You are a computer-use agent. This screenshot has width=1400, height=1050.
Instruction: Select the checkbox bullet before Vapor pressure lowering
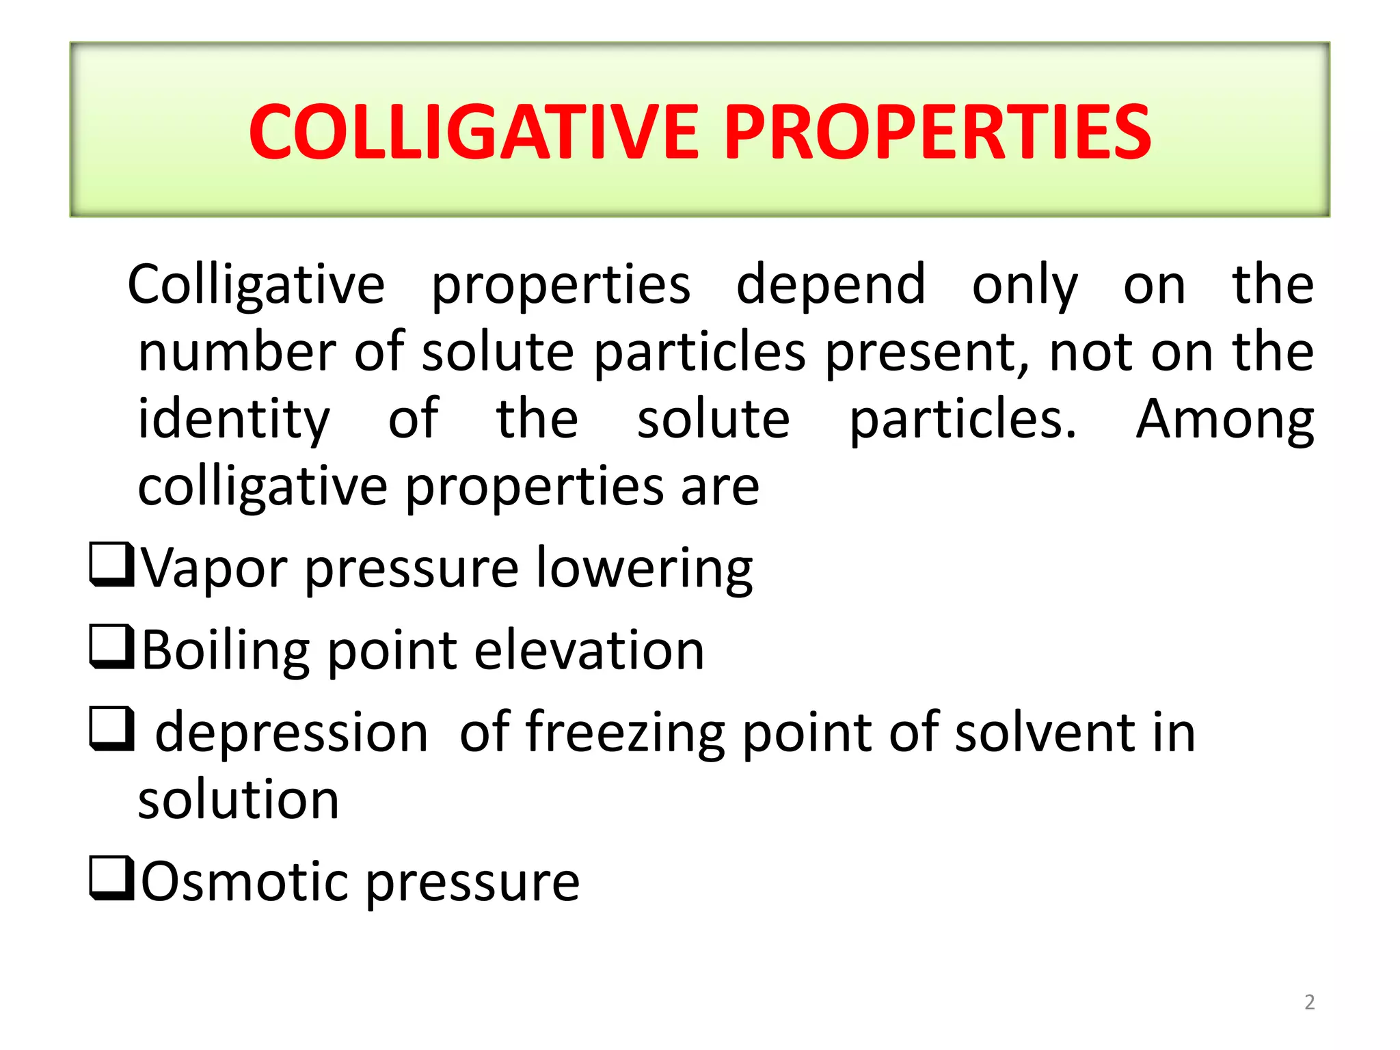111,564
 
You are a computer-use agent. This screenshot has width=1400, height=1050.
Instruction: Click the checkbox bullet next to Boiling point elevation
111,647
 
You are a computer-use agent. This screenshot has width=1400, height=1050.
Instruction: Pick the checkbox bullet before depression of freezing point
111,729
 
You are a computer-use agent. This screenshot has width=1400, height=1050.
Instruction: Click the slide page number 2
1309,1002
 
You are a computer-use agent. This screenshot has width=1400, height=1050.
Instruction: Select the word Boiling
226,651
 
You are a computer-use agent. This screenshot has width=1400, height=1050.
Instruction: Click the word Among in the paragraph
1224,420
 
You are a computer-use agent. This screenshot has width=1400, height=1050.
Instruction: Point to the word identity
234,420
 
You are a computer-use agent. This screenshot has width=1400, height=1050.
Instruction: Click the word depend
831,286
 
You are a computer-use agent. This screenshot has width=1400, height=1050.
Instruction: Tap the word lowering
644,569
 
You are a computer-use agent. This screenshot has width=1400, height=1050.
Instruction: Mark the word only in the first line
1025,286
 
